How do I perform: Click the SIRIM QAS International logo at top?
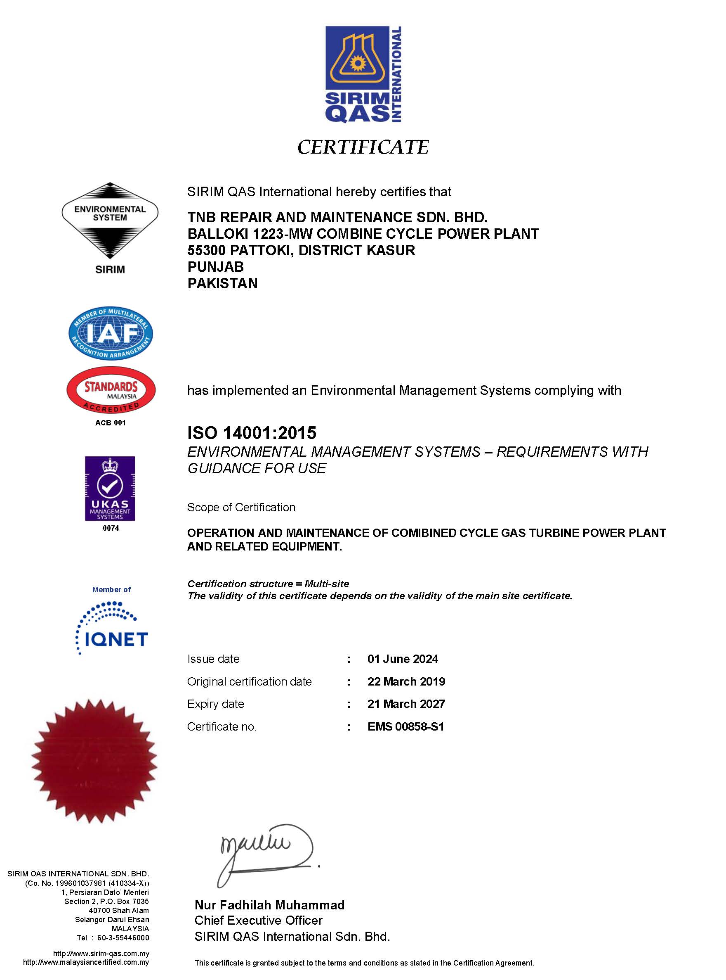(363, 74)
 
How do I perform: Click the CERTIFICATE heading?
(363, 147)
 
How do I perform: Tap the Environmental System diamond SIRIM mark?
(110, 221)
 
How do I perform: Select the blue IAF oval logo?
(111, 333)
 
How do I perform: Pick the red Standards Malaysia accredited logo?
(111, 390)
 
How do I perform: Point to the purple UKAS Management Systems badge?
(110, 488)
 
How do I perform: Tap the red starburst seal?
(94, 761)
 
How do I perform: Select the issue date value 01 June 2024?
(403, 659)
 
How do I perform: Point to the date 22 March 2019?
(406, 681)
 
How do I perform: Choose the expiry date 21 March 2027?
(406, 704)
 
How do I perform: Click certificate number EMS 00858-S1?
(405, 727)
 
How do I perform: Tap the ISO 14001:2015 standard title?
(252, 433)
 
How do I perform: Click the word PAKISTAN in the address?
(222, 283)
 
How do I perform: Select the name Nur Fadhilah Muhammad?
(269, 905)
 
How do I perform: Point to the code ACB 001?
(110, 423)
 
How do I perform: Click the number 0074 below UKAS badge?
(111, 528)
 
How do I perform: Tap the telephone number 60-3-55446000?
(123, 938)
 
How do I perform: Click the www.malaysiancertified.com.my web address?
(86, 962)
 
